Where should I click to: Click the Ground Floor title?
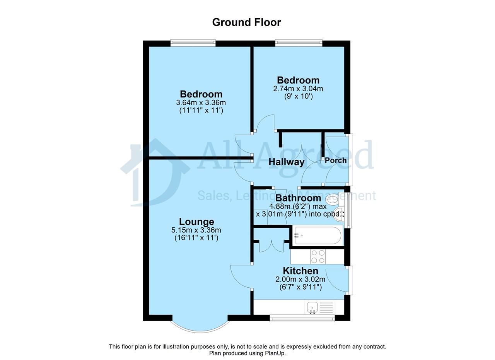(246, 22)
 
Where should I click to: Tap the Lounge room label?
(196, 222)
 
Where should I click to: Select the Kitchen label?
(300, 271)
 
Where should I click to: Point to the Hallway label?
(287, 162)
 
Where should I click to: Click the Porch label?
(335, 160)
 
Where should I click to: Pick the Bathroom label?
(298, 198)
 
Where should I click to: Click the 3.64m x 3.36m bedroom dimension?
(201, 102)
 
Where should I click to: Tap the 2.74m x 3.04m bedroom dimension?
(298, 89)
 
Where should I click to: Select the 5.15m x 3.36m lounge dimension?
(196, 230)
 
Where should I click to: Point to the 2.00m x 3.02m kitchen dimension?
(300, 279)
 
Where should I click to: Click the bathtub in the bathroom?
(318, 235)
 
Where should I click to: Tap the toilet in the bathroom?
(333, 200)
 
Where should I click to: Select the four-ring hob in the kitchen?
(318, 257)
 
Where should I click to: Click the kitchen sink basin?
(312, 307)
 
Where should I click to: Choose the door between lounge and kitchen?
(241, 276)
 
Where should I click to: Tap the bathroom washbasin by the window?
(338, 213)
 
